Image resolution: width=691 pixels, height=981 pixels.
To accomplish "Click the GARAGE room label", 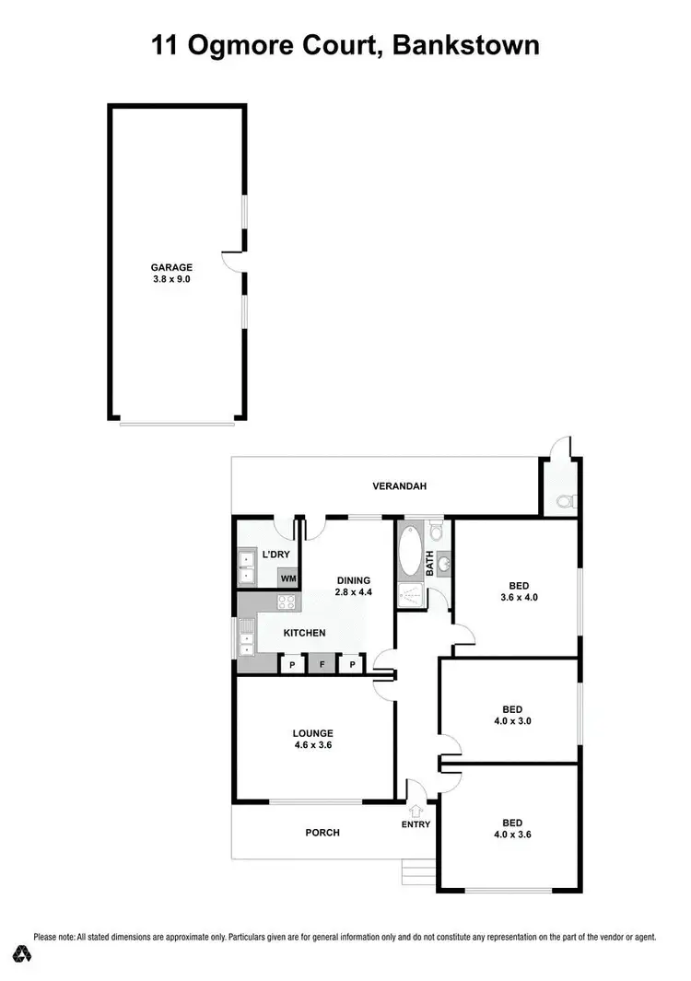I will pos(172,268).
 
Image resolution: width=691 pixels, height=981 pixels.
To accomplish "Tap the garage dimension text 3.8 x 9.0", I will pos(172,279).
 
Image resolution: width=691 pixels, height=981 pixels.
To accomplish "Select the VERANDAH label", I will pos(401,486).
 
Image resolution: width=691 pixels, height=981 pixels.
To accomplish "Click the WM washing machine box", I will pos(288,578).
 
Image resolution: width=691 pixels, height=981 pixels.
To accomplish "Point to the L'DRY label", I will pos(276,555).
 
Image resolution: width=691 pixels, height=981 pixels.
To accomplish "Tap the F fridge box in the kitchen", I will pos(322,664).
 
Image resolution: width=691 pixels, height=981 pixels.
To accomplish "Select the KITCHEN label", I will pos(304,633).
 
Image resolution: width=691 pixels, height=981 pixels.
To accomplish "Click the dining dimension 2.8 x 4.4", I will pos(353,592).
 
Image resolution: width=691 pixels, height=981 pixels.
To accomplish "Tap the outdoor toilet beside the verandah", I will pos(566,502).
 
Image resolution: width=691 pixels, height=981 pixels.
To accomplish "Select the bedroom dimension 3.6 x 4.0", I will pos(519,597).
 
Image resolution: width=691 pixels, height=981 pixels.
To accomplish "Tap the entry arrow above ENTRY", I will pos(416,811).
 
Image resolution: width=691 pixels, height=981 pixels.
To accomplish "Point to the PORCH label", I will pos(322,833).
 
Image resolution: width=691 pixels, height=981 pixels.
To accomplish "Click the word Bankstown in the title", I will pos(467,45).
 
